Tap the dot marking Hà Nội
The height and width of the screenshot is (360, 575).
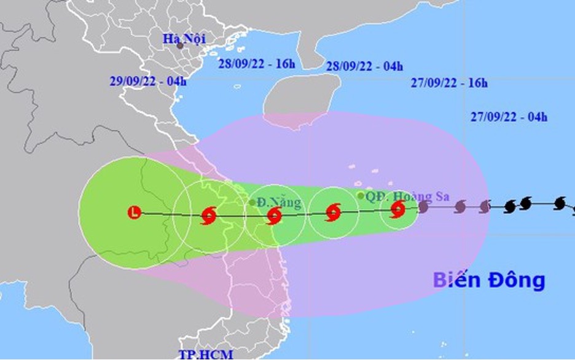179,45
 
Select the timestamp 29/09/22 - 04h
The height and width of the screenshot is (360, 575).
148,80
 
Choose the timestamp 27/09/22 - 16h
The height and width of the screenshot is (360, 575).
448,84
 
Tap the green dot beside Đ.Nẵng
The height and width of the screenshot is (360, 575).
252,202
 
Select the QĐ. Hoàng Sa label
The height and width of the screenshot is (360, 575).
407,197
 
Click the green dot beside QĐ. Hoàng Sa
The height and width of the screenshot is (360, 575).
361,195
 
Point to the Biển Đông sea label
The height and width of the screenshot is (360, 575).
489,280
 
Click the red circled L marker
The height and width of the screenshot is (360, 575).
134,213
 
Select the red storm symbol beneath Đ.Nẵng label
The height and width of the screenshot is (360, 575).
274,215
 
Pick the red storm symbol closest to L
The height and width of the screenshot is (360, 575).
208,216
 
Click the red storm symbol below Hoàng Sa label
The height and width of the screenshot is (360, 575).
398,210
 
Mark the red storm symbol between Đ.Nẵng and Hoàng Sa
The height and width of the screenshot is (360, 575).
332,213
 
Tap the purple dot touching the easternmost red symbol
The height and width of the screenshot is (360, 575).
423,206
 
